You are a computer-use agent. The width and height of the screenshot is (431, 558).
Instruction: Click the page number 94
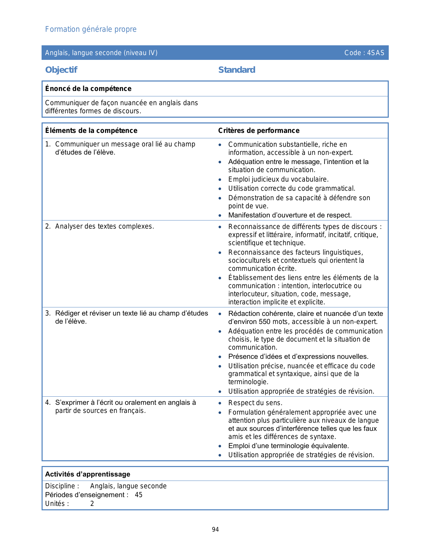tap(215, 530)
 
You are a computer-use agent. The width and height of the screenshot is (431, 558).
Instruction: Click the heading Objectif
tap(61, 70)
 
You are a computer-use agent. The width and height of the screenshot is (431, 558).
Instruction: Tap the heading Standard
tap(237, 70)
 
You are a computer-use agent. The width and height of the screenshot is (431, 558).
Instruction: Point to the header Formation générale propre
tap(91, 29)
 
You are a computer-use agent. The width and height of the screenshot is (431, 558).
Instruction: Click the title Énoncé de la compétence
tap(88, 89)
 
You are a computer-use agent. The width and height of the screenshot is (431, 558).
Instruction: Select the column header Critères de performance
tap(259, 131)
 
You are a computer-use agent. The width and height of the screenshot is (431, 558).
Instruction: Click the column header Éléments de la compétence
tap(91, 131)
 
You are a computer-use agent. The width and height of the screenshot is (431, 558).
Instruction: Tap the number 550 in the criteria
tap(265, 322)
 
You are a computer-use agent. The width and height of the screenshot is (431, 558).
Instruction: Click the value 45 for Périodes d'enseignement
tap(139, 495)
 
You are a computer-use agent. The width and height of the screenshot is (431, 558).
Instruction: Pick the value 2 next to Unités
tap(92, 504)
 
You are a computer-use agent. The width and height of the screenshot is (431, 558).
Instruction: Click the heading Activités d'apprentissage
tap(88, 474)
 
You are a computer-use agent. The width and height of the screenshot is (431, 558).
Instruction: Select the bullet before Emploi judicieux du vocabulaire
tap(220, 180)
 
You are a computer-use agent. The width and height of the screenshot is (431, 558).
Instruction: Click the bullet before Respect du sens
tap(220, 403)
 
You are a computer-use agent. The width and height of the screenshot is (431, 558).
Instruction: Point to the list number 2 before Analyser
tap(48, 226)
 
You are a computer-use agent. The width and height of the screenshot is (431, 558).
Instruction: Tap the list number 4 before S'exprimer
tap(48, 402)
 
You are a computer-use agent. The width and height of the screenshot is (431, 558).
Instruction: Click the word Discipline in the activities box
tap(60, 486)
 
